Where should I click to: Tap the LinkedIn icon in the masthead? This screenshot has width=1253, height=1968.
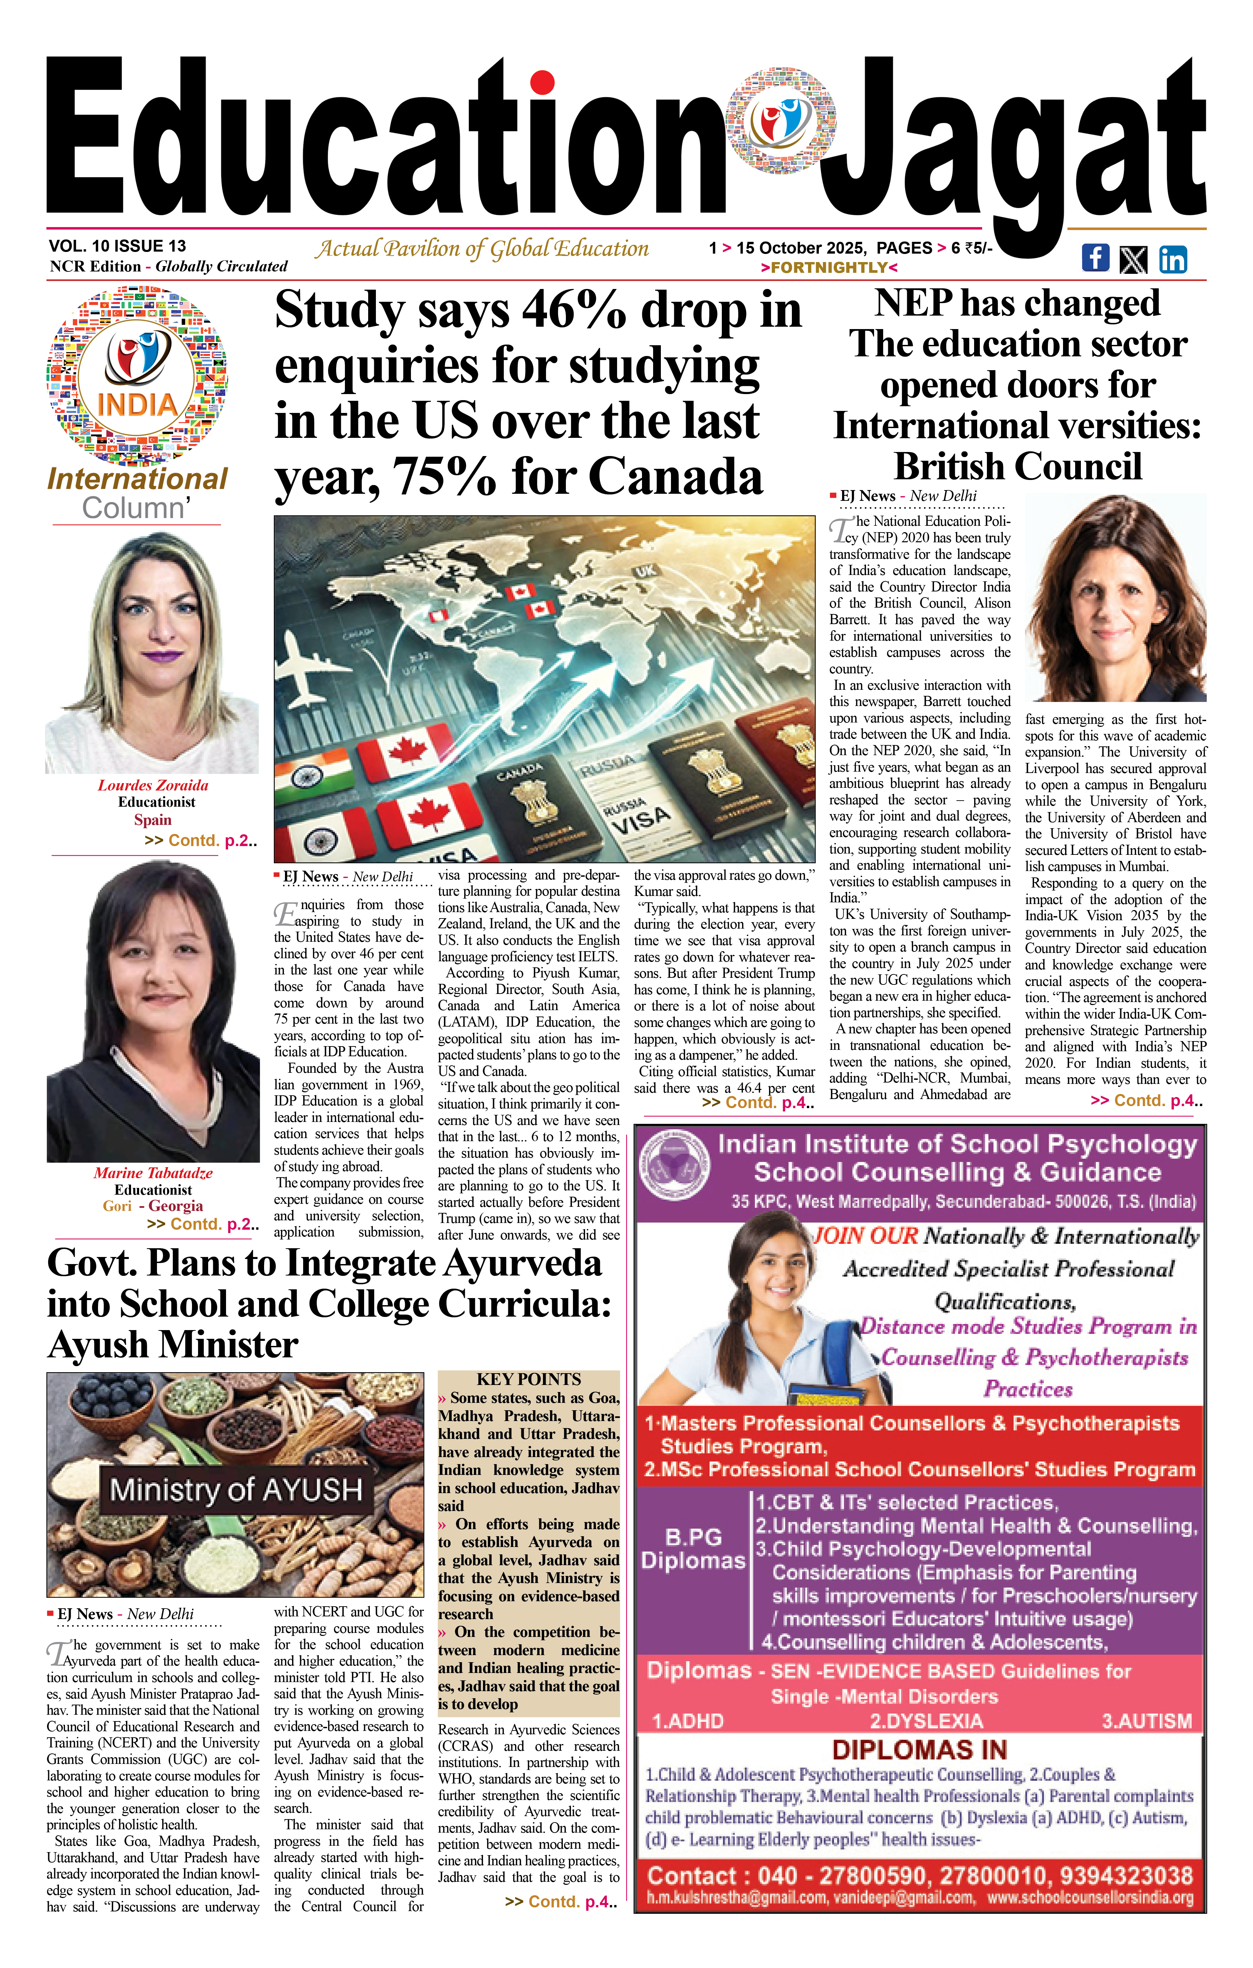click(x=1173, y=259)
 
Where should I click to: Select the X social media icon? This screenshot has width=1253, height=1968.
click(x=1133, y=260)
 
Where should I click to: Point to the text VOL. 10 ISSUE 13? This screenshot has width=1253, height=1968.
click(x=118, y=246)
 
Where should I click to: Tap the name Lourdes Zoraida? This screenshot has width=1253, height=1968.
click(x=153, y=785)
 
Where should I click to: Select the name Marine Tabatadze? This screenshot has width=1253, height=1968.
click(x=153, y=1173)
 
